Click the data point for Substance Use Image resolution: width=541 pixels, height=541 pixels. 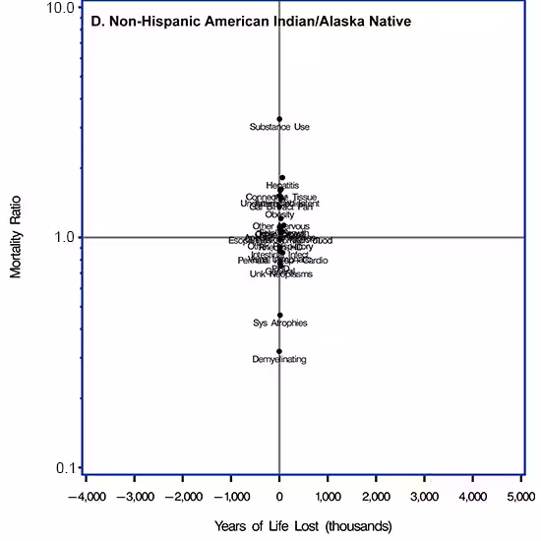[x=279, y=119]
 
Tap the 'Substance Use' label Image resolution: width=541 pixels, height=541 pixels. [x=279, y=128]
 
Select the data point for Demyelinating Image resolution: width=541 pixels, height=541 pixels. [x=279, y=351]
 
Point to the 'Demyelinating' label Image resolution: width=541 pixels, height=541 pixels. [x=279, y=360]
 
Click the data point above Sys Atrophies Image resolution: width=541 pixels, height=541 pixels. [x=280, y=315]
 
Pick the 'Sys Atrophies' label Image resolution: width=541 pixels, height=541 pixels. [x=280, y=324]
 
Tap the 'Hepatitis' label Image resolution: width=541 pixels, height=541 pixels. [x=282, y=186]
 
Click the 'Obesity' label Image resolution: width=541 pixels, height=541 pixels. [x=279, y=215]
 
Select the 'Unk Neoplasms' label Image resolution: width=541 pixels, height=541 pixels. [x=280, y=274]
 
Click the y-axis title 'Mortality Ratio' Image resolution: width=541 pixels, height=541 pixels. [x=16, y=237]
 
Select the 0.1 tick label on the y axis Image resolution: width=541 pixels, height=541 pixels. [x=65, y=467]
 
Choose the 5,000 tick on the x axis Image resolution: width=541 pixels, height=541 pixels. [x=520, y=495]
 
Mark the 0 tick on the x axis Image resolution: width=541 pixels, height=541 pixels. [x=279, y=495]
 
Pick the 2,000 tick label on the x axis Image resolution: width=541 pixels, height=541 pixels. [x=376, y=495]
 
